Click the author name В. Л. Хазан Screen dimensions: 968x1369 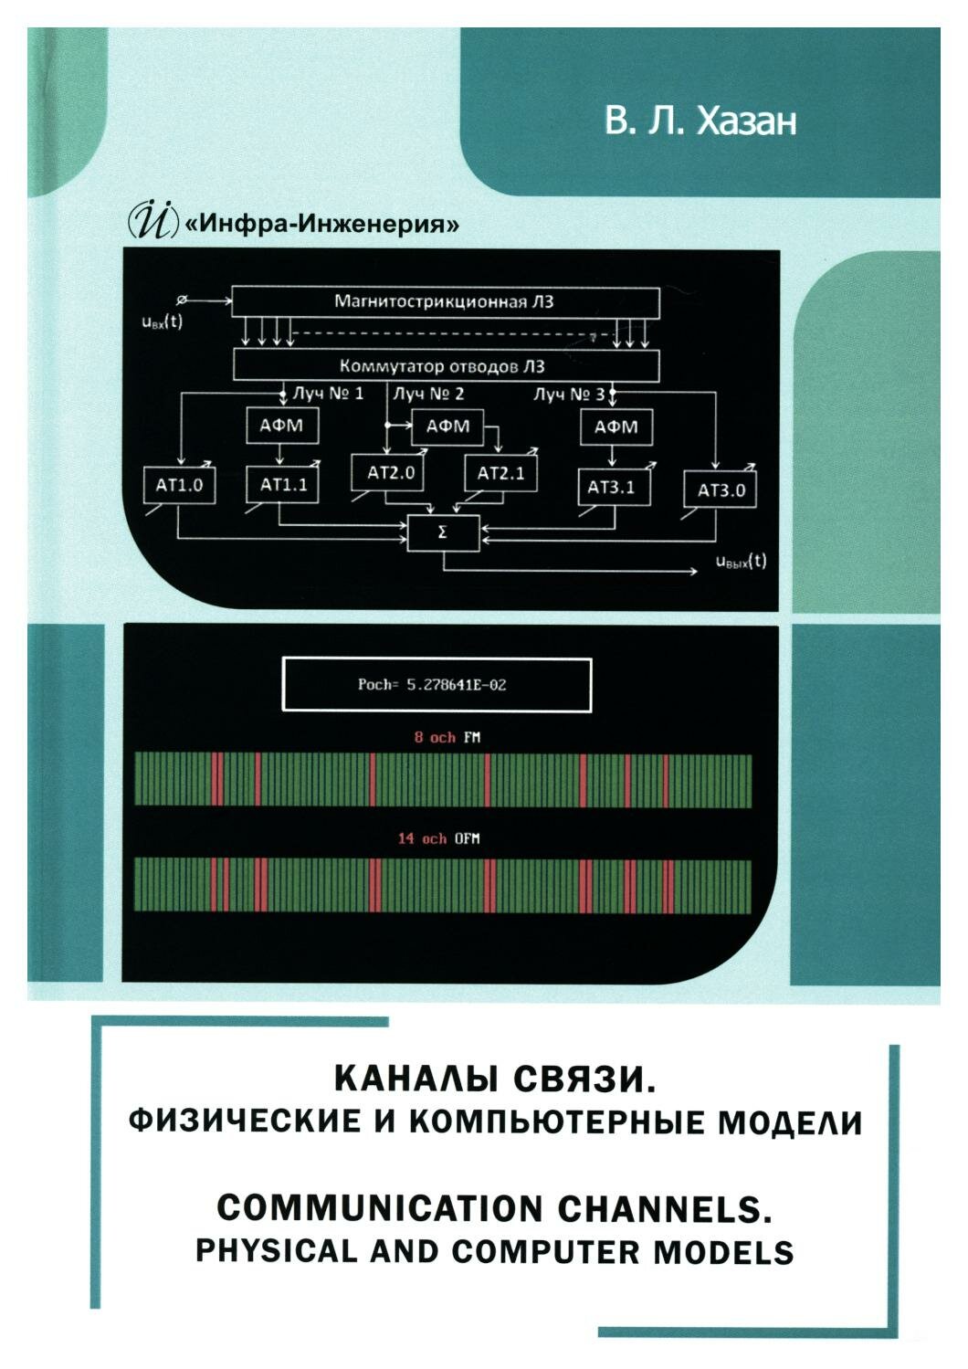pos(700,121)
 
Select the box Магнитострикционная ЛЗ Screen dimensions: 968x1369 pos(446,301)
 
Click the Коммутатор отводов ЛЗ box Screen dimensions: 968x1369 pos(446,366)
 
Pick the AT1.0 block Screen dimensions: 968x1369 pos(179,485)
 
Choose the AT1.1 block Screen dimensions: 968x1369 pos(283,485)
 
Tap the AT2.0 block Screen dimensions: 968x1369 pos(391,473)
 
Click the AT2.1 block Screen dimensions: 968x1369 pos(501,473)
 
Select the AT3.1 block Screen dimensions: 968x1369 pos(612,487)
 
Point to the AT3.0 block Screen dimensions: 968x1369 pos(721,490)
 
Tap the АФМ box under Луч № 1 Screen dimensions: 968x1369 pos(283,426)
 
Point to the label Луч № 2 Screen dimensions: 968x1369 pos(428,394)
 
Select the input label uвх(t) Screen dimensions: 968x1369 pos(162,321)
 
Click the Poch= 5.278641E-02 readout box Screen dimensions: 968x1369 pos(437,684)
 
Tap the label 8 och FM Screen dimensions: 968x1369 pos(447,737)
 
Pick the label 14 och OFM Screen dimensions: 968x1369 pos(437,837)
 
